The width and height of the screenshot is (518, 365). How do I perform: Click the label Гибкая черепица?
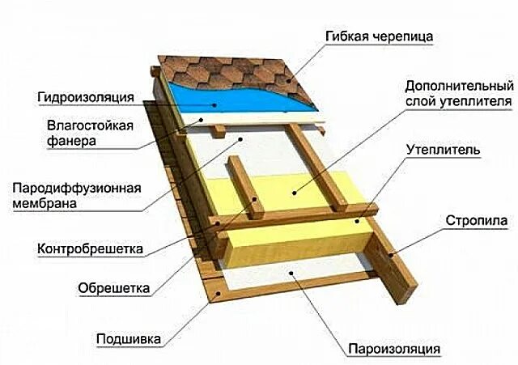click(379, 38)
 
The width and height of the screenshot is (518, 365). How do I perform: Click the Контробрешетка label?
click(88, 248)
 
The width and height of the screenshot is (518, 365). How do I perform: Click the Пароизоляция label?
click(394, 349)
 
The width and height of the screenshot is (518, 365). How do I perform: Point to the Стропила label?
click(476, 220)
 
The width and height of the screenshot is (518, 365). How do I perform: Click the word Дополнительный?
click(458, 86)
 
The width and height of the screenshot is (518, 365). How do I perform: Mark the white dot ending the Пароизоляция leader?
click(295, 275)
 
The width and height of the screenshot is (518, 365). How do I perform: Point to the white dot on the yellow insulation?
click(295, 193)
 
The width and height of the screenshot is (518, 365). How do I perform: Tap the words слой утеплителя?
click(458, 102)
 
